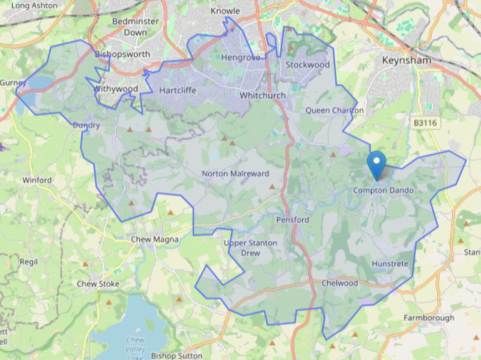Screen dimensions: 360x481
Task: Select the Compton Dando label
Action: [x=383, y=190]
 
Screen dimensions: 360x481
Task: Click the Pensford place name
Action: [x=293, y=220]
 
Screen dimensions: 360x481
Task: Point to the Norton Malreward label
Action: [x=235, y=173]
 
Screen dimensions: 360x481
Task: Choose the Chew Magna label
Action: [x=154, y=239]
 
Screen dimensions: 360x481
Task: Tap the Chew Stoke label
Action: [x=98, y=284]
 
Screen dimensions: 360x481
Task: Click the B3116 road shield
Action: [x=425, y=124]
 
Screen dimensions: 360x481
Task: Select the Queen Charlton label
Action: [x=334, y=111]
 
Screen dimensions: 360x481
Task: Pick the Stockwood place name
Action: [x=307, y=64]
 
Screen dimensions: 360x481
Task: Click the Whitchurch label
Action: [x=262, y=96]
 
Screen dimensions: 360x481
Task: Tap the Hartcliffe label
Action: [x=178, y=90]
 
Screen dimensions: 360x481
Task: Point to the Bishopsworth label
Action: [x=123, y=54]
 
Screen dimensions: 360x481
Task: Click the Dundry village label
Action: [x=86, y=125]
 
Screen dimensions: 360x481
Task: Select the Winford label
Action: [x=37, y=180]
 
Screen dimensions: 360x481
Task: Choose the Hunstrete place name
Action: [x=390, y=264]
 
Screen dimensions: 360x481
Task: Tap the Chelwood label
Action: [x=340, y=283]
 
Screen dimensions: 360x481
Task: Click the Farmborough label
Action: [x=428, y=318]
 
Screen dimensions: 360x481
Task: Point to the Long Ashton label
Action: [x=34, y=6]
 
